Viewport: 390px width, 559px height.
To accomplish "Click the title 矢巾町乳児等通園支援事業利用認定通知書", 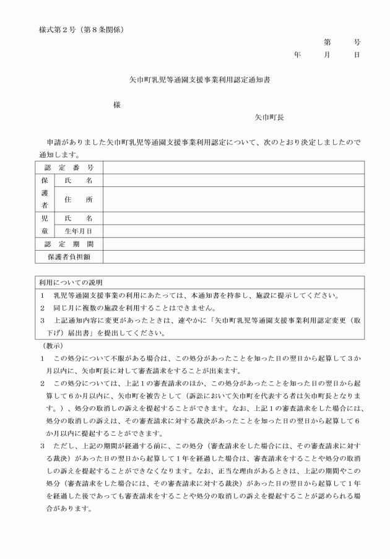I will [x=195, y=80].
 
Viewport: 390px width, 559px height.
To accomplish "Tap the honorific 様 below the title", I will [x=117, y=105].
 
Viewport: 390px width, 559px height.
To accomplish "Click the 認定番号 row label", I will [x=69, y=168].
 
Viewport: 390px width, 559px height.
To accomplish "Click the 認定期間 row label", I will [x=69, y=244].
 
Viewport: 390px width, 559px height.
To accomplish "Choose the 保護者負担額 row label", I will [x=69, y=256].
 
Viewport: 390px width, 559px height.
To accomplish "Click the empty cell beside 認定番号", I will [x=233, y=168].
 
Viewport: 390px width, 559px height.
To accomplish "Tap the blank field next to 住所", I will [x=233, y=199].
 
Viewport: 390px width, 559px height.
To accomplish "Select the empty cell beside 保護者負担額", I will [x=233, y=256].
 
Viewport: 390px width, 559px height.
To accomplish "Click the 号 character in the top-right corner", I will [x=357, y=43].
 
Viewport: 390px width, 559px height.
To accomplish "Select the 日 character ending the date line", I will [x=357, y=55].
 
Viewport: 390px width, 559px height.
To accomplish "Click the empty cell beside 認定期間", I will [x=233, y=244].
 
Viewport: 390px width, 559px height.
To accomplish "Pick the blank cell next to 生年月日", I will [x=233, y=231].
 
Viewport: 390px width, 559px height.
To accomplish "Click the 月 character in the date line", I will [x=327, y=55].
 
